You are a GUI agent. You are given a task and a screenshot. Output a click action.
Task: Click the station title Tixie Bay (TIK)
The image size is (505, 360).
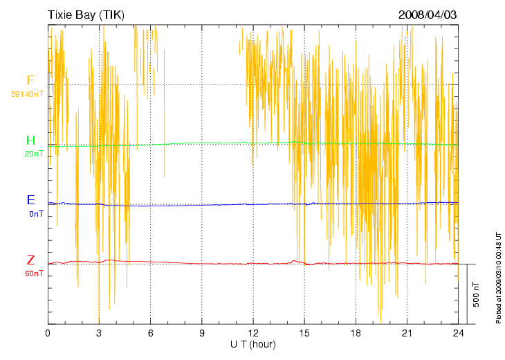click(86, 15)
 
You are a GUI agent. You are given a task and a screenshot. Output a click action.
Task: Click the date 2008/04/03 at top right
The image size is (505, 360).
click(428, 15)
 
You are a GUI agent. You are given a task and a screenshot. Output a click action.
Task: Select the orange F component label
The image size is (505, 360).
click(30, 80)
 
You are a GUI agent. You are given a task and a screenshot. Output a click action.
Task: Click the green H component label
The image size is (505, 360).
click(30, 141)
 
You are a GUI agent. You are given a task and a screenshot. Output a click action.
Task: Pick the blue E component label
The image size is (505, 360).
click(30, 200)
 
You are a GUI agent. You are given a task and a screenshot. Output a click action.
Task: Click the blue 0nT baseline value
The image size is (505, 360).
click(36, 214)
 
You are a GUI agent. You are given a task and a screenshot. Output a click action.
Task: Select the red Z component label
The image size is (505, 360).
click(30, 260)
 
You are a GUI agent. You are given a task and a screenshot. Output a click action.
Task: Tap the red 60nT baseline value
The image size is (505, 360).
click(34, 273)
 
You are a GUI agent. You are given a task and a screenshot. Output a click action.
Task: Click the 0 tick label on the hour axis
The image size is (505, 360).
click(48, 333)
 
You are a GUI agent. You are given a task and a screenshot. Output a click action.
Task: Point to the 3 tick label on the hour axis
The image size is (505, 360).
click(99, 333)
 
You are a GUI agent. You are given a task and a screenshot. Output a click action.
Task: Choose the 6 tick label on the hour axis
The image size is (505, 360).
click(151, 333)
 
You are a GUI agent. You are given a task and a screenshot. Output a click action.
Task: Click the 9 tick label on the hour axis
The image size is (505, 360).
click(202, 333)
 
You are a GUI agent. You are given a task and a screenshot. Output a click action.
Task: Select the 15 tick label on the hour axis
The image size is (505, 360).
click(304, 333)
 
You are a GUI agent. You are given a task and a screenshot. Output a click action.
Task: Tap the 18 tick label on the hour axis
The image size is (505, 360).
click(356, 333)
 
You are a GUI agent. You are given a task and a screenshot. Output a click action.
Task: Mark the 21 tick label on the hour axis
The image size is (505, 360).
click(407, 333)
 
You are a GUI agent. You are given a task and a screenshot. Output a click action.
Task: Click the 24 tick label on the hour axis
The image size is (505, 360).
click(458, 333)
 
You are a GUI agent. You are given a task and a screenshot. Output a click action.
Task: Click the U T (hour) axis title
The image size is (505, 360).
click(252, 343)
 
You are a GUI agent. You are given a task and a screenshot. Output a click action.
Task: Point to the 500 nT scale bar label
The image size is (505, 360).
click(477, 294)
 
